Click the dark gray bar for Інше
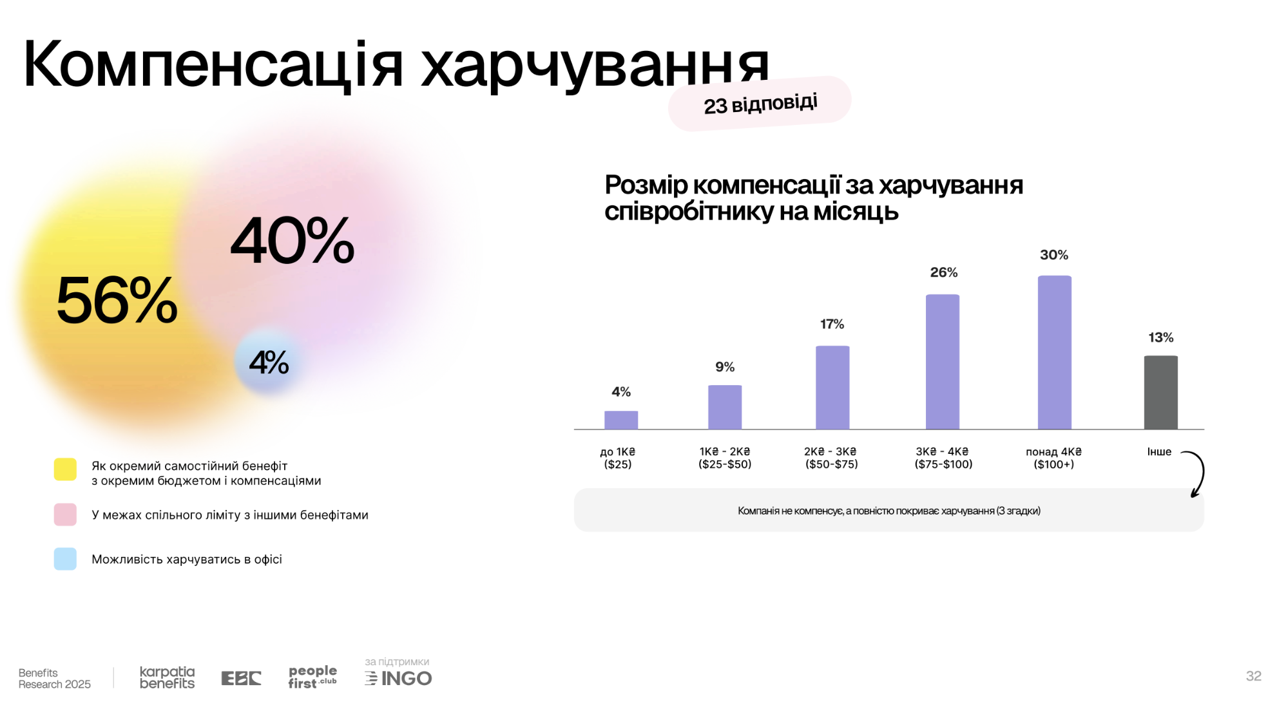(x=1160, y=392)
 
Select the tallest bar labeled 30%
(x=1054, y=352)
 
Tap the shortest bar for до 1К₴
(x=621, y=420)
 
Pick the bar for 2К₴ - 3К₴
(x=832, y=388)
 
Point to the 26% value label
(x=943, y=272)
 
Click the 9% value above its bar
(x=725, y=367)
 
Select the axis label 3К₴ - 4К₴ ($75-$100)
(x=943, y=458)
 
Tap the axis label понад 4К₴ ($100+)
(x=1053, y=458)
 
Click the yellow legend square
(x=65, y=469)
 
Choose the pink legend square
(x=65, y=514)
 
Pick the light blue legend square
(x=65, y=559)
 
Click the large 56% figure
(x=117, y=300)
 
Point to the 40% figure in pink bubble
(x=293, y=241)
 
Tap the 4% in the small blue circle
(x=269, y=363)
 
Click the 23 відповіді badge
(x=760, y=104)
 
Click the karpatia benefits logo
(x=167, y=677)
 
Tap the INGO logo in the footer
(x=399, y=678)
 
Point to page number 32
(x=1253, y=676)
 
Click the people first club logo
(x=312, y=677)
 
